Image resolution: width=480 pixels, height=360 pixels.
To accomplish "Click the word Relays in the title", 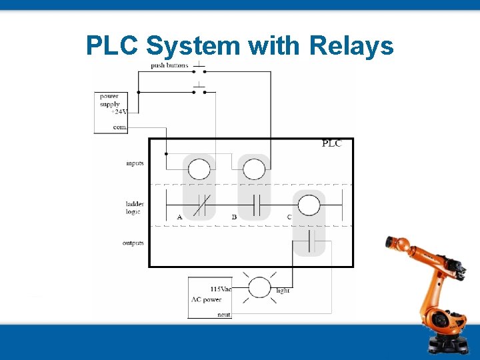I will (x=351, y=46).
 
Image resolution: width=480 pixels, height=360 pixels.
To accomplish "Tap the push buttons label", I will (x=169, y=65).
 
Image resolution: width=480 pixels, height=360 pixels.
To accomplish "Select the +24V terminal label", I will (x=118, y=112).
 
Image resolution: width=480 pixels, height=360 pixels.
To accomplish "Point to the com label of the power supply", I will (x=119, y=127).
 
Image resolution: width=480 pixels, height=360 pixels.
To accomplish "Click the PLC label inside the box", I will (x=331, y=143).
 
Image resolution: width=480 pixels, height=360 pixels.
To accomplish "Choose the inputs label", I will (x=134, y=163).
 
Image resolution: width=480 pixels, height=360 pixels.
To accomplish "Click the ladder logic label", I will (x=134, y=207).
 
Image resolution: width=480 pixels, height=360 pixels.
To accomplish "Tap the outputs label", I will (x=133, y=243).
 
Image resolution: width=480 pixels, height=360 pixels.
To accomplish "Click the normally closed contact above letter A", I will (x=199, y=205).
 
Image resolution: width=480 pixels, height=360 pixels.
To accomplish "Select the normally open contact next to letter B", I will (x=254, y=205).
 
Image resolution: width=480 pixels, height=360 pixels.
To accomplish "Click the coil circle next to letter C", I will (x=309, y=205).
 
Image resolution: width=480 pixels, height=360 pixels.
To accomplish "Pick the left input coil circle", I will (x=199, y=170).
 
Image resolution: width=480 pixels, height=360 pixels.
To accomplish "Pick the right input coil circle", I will (x=254, y=170).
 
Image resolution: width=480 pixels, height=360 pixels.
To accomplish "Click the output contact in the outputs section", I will (x=309, y=239).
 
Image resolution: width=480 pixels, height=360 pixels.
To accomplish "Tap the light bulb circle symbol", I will (x=259, y=287).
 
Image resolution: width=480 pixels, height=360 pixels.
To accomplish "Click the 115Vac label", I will (x=221, y=289).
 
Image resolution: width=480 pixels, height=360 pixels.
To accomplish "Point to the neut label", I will (x=224, y=314).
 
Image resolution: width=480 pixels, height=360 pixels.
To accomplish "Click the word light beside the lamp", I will (x=283, y=291).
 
